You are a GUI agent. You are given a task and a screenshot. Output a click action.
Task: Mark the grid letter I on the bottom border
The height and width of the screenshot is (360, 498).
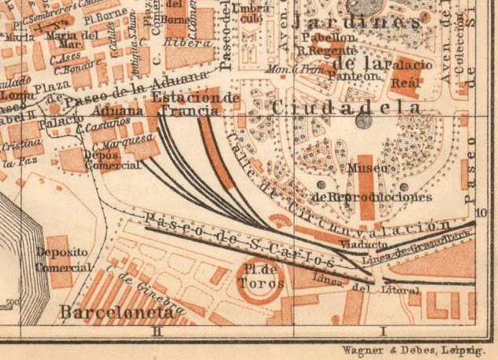tap(384, 332)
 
